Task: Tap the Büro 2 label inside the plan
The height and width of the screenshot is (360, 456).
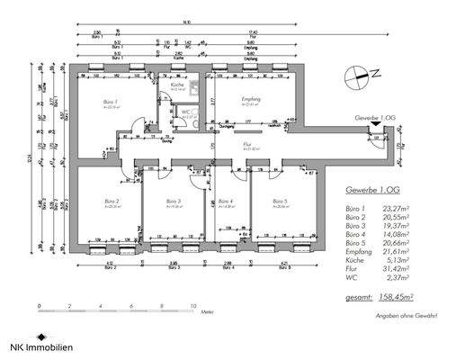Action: coord(111,201)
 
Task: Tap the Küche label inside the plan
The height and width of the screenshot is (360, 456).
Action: coord(177,85)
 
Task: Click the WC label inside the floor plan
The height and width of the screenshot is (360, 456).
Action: coord(190,112)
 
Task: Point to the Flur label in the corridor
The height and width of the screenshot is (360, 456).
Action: coord(246,143)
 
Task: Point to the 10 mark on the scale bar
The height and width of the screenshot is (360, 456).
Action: coord(193,307)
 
